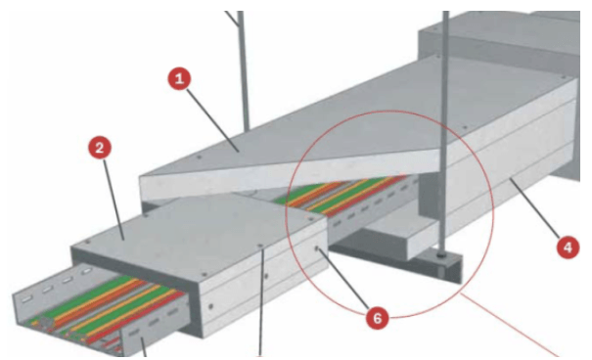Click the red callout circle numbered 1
(x=179, y=78)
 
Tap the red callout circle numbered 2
(x=100, y=148)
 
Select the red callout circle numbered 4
(x=568, y=247)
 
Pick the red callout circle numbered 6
(x=378, y=318)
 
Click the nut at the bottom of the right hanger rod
(x=440, y=255)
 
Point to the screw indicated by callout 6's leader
(x=317, y=248)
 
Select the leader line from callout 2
(x=113, y=199)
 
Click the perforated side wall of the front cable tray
(x=156, y=324)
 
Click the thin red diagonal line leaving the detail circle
(x=510, y=325)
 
